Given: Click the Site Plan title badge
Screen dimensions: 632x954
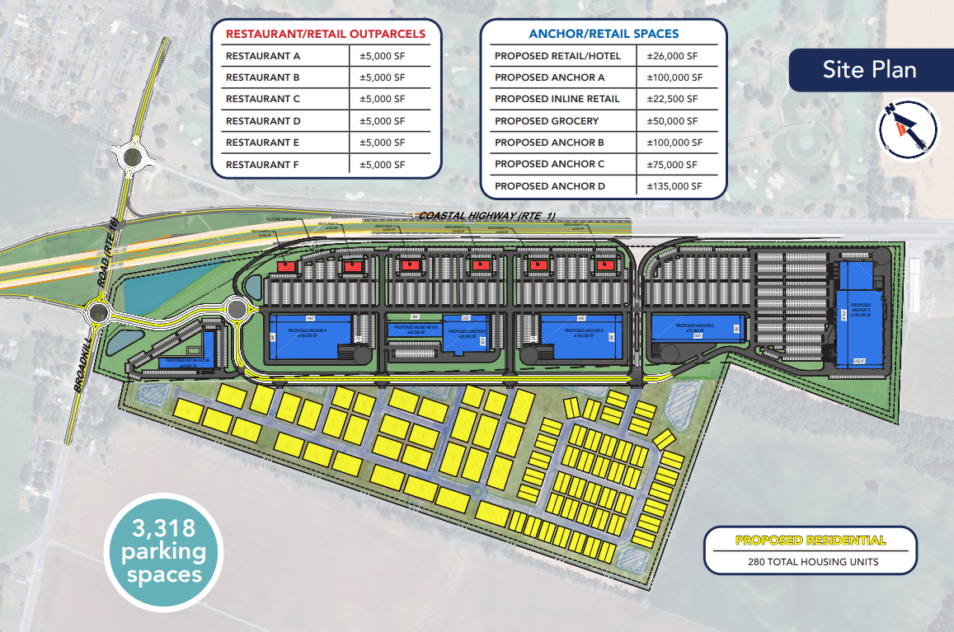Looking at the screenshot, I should click(x=870, y=69).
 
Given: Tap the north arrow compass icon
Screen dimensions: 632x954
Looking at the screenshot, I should click(x=908, y=128).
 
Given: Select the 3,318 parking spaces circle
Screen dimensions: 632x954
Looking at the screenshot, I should click(x=163, y=550).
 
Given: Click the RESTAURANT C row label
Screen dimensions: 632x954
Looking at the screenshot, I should click(x=251, y=99).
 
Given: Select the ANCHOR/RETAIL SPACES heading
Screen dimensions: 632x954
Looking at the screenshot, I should click(x=604, y=34).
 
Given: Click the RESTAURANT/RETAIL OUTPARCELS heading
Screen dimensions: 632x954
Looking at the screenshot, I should click(x=326, y=34).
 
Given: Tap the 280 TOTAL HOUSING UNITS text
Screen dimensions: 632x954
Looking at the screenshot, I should click(x=810, y=562).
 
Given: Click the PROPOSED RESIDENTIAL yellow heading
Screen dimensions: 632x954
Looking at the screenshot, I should click(x=810, y=541).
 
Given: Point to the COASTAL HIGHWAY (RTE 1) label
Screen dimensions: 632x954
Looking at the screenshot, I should click(x=487, y=216).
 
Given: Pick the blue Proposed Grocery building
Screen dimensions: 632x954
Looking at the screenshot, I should click(x=459, y=331).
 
